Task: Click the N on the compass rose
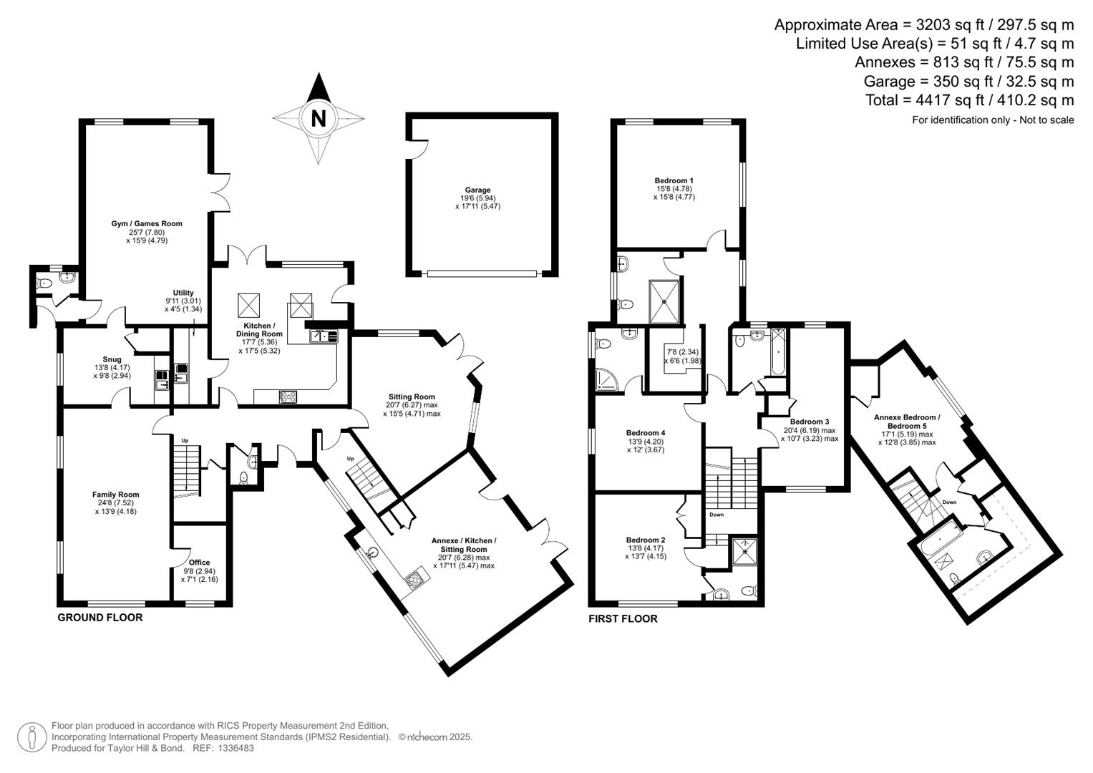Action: point(319,118)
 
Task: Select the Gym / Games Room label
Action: point(147,224)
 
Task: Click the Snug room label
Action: point(112,360)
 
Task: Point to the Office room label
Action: point(200,563)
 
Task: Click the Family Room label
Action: point(115,495)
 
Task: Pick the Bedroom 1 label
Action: point(674,181)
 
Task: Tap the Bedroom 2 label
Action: point(645,540)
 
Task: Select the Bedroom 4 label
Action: point(645,433)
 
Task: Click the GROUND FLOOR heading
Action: point(99,618)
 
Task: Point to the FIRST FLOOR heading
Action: point(623,619)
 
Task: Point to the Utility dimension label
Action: point(183,301)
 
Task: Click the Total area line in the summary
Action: point(969,100)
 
